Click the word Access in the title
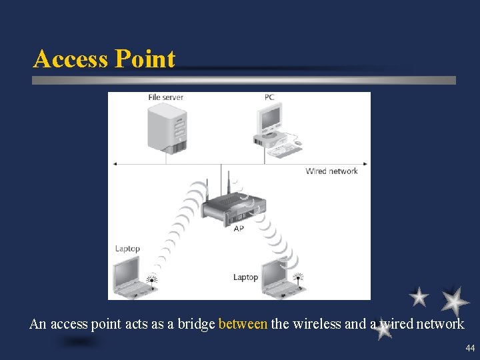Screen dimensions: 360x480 [71, 59]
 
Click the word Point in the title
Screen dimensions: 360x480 [145, 59]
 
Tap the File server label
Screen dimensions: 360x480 [165, 97]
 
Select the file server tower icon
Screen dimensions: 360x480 [167, 127]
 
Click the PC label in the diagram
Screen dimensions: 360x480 [269, 97]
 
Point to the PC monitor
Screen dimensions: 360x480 [271, 120]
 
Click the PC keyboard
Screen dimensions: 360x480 [284, 150]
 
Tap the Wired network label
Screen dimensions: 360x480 [331, 171]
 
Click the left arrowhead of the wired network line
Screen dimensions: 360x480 [115, 163]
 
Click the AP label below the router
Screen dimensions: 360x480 [238, 228]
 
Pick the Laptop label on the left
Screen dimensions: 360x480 [127, 249]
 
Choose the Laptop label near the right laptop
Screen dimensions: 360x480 [245, 277]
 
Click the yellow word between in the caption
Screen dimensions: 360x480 [243, 325]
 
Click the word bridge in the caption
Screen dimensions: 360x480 [199, 325]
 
